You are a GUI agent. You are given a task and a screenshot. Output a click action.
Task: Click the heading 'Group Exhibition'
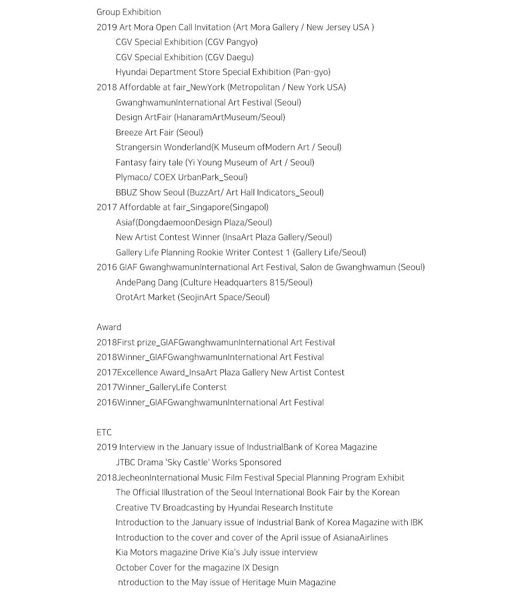point(128,12)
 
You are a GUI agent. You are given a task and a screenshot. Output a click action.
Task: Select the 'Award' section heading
point(109,327)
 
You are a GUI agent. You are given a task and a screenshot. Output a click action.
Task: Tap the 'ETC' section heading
point(104,432)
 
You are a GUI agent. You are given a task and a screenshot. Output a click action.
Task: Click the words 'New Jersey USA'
point(337,27)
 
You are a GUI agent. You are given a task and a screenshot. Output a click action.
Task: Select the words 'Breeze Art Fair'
point(145,132)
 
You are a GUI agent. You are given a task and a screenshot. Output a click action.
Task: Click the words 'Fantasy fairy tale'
point(149,162)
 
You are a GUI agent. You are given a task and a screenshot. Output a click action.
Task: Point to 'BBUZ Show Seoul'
point(149,192)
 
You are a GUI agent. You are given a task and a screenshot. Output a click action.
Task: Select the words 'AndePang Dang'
point(147,282)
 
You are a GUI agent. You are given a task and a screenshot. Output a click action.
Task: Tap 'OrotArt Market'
point(145,297)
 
